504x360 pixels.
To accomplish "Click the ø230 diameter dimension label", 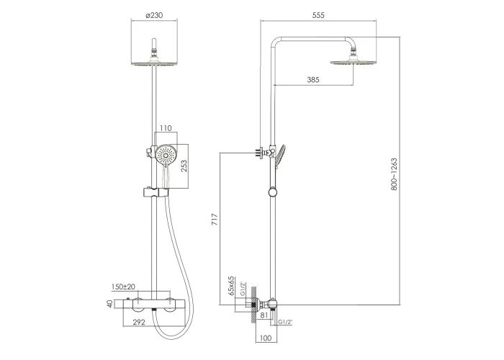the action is tap(154, 15).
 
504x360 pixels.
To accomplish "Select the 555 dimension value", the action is tap(318, 15).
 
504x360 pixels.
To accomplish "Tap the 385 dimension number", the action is tap(313, 80).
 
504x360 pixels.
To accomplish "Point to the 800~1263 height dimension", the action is tap(394, 174).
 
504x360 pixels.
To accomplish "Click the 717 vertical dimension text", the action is tap(215, 219).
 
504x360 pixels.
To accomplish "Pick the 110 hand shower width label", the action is tap(166, 128).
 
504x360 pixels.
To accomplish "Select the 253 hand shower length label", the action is tap(184, 166).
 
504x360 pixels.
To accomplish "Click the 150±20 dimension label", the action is tap(123, 287).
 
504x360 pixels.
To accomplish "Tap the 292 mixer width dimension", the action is tap(139, 322).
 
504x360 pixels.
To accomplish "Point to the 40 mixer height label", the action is tap(110, 304).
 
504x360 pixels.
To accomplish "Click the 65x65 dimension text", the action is tap(231, 286).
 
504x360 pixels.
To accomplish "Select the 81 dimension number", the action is tap(264, 315).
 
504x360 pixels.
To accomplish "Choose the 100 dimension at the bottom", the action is tap(266, 338).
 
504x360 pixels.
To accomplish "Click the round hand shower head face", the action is tap(166, 156).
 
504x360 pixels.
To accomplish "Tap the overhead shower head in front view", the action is tap(154, 62).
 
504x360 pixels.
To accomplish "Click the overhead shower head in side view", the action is tap(354, 62).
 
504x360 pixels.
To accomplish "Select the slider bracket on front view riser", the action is tap(156, 192).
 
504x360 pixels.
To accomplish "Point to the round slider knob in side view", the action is tap(273, 192).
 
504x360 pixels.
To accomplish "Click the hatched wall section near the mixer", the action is tap(253, 305).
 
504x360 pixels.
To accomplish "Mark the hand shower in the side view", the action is tap(279, 156).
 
